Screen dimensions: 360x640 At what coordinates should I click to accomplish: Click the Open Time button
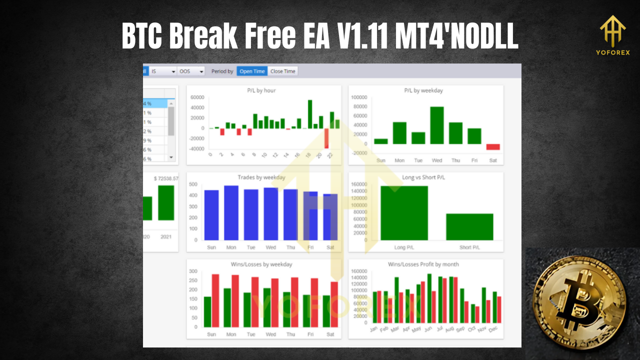(252, 71)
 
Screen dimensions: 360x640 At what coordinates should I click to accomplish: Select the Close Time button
(283, 71)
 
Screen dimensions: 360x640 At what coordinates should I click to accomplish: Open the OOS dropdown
(191, 71)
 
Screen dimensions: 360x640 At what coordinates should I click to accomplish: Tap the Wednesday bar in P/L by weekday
(437, 125)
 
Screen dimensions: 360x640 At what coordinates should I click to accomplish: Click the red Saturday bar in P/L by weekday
(493, 147)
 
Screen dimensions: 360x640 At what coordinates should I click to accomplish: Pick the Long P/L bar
(404, 213)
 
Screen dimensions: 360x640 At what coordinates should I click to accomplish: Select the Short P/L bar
(469, 227)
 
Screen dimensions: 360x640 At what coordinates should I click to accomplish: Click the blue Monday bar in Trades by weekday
(231, 213)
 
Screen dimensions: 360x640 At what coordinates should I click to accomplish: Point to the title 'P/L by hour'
(261, 90)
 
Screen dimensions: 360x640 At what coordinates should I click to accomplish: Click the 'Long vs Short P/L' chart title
(423, 177)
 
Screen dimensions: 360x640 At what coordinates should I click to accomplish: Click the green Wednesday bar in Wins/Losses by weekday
(267, 307)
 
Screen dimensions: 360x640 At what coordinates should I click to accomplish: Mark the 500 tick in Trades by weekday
(193, 184)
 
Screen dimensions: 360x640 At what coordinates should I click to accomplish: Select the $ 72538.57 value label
(166, 178)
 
